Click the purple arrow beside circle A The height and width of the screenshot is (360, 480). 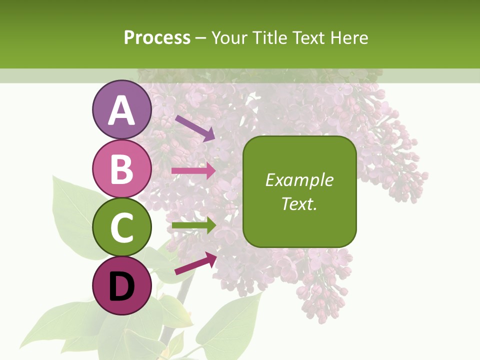195,128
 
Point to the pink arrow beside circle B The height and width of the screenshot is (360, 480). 193,170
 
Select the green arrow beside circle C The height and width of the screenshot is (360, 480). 193,226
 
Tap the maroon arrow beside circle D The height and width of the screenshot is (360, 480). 195,263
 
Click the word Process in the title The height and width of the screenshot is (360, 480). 157,38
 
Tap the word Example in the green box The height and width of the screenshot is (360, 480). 299,180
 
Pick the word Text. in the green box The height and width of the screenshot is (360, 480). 299,203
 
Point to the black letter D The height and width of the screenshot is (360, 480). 122,286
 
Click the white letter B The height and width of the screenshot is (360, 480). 122,169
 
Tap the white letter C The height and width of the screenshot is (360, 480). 122,228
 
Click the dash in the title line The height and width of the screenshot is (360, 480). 200,38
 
